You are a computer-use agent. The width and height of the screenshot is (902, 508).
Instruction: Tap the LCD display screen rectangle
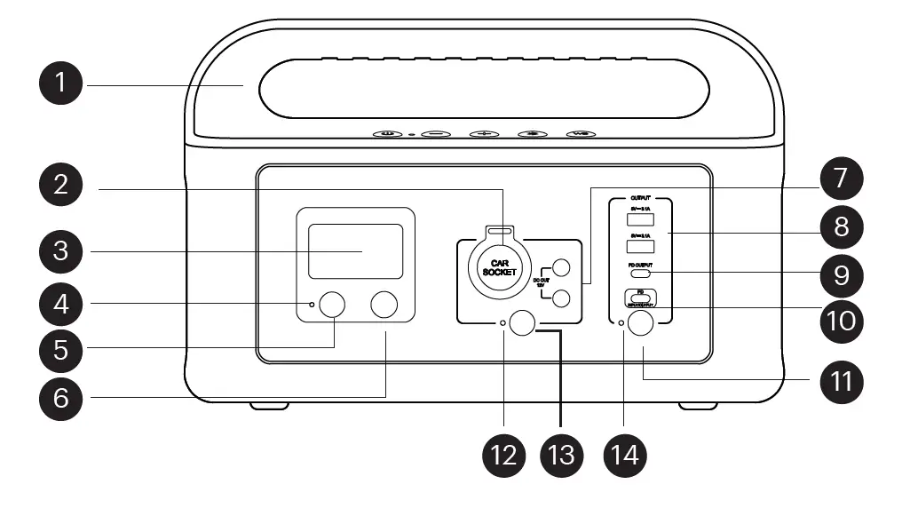[354, 251]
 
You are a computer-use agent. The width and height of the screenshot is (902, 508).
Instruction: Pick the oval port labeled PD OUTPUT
[639, 274]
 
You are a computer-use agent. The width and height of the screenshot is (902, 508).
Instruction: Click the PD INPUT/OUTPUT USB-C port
[639, 296]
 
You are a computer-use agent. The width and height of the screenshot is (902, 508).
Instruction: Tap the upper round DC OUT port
[561, 266]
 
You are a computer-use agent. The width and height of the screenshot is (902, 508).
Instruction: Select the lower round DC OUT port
[561, 298]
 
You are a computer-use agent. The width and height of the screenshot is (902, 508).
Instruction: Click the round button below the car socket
[524, 323]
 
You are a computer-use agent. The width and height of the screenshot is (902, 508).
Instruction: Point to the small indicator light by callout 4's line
[312, 305]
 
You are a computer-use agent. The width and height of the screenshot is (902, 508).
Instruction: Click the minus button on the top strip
[436, 134]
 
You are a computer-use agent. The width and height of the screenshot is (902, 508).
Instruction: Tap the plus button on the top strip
[484, 134]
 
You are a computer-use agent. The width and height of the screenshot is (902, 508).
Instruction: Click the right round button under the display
[384, 305]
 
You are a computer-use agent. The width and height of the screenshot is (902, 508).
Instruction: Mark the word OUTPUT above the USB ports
[640, 198]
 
